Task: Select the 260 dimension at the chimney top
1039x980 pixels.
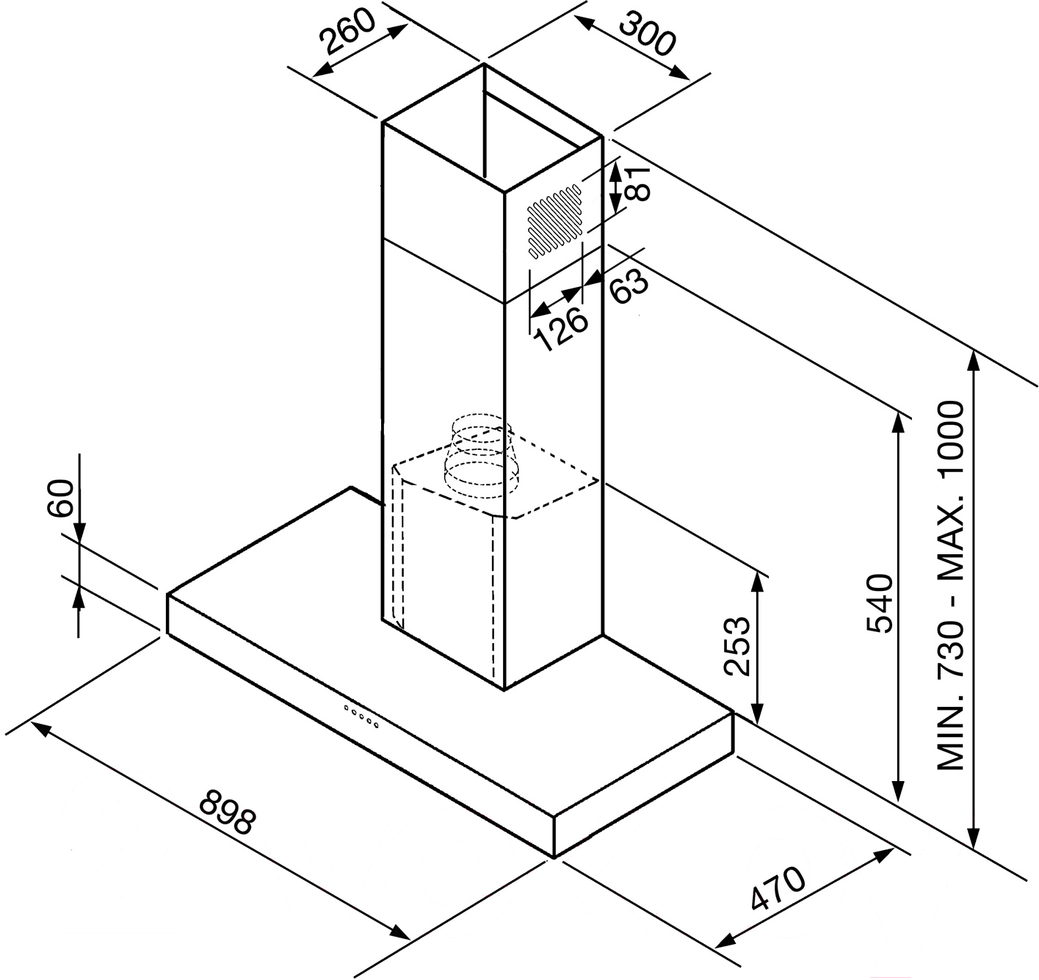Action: [x=347, y=32]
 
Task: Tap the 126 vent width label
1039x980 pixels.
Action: [x=561, y=328]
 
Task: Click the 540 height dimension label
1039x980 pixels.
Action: [x=880, y=603]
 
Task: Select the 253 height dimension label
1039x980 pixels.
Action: [x=736, y=646]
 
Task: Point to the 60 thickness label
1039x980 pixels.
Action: [x=60, y=498]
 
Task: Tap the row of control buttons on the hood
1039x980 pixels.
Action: [x=361, y=716]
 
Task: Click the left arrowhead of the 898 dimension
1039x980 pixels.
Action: [x=43, y=730]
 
